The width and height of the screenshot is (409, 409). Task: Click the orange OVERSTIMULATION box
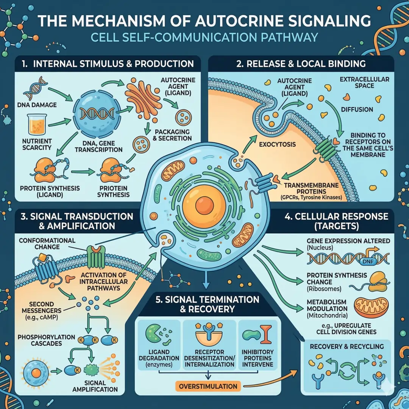[x=208, y=386]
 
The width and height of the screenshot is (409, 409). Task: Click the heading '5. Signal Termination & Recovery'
[x=207, y=304]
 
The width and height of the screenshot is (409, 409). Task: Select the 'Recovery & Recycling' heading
[x=347, y=347]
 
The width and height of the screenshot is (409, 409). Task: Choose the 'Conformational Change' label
[x=47, y=244]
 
